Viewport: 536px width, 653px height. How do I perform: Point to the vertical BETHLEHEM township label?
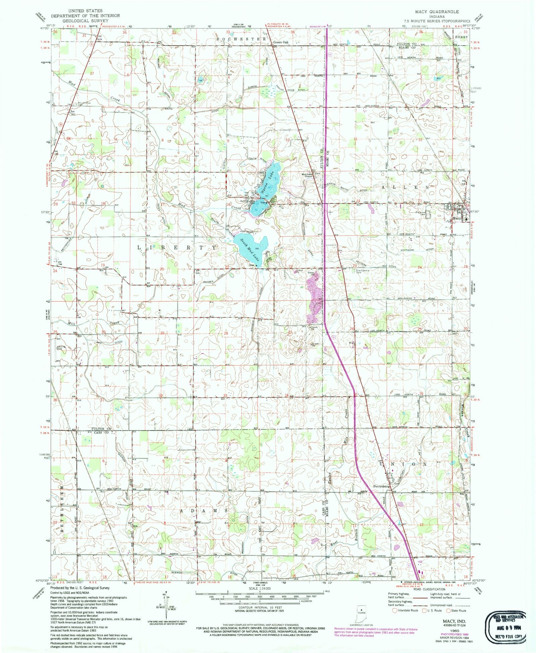click(62, 515)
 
